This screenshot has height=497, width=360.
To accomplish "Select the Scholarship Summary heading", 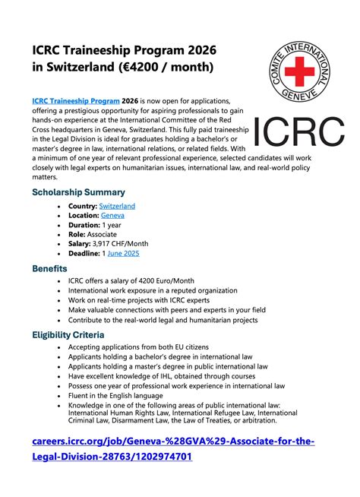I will click(x=78, y=192).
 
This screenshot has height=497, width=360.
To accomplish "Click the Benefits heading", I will click(x=49, y=268).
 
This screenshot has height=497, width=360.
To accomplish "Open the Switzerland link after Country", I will click(x=117, y=206).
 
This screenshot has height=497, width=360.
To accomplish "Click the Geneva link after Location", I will click(x=112, y=216).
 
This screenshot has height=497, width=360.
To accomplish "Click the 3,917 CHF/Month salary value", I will click(x=121, y=244).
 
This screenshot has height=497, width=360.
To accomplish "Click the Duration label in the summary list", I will click(x=85, y=225).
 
